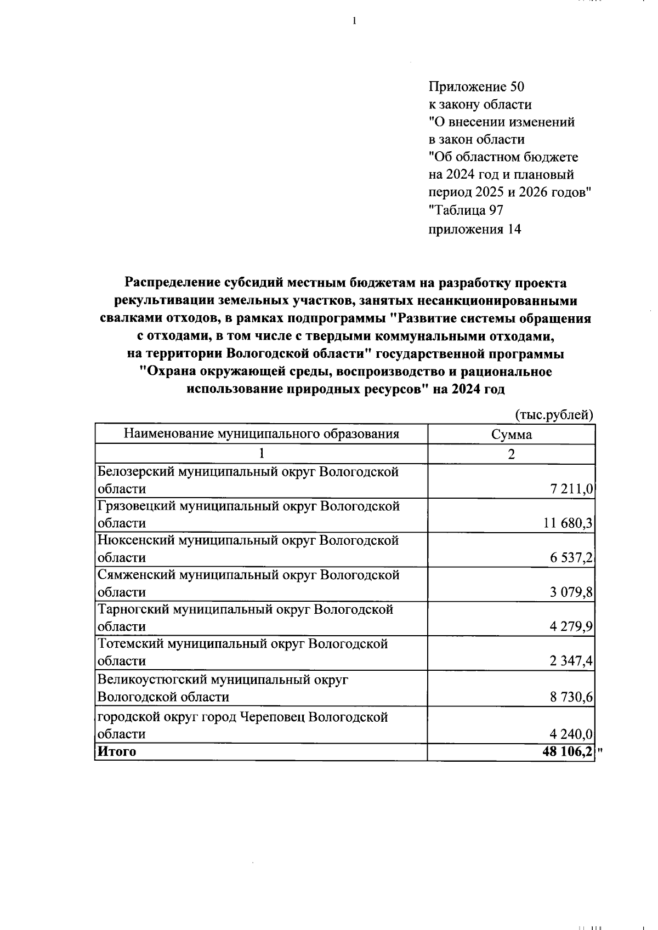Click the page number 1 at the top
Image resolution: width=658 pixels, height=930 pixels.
point(354,21)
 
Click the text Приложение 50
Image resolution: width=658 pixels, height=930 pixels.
point(476,87)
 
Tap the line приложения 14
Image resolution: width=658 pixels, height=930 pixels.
point(474,229)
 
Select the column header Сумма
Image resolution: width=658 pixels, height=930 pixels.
point(511,435)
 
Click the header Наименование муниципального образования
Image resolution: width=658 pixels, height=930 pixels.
point(261,435)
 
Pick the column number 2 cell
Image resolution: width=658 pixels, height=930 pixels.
point(511,454)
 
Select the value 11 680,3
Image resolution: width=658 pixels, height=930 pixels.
point(568,523)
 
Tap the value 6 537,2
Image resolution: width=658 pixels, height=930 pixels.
point(570,558)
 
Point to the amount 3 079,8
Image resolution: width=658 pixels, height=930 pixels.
point(570,592)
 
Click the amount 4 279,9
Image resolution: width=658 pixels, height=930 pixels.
point(570,626)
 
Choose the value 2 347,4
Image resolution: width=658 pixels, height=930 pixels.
point(570,661)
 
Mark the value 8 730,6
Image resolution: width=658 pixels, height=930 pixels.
point(570,697)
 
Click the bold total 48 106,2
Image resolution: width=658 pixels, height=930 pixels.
point(567,752)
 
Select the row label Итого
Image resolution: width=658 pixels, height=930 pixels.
point(116,752)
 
